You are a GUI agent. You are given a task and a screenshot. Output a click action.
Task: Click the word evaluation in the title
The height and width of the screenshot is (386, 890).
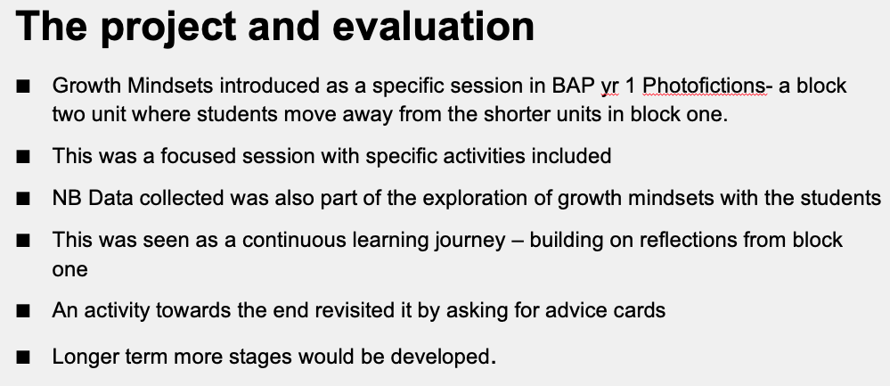pos(434,26)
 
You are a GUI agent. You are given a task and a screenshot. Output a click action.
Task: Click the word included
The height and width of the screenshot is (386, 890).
pos(571,155)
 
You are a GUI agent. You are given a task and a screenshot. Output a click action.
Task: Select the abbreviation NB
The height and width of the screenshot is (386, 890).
pos(67,198)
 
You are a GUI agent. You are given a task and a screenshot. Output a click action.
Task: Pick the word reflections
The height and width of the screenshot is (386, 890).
pos(685,240)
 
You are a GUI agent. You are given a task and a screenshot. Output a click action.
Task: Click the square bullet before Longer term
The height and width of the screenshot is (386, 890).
pos(22,357)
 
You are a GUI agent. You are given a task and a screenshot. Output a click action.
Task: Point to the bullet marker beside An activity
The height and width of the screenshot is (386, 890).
pos(22,311)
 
